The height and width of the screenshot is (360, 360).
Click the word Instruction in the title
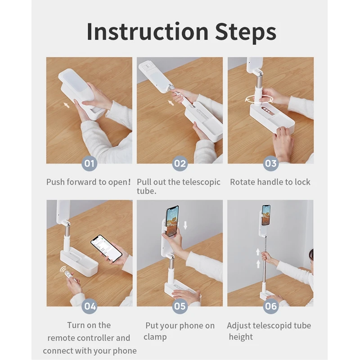click(148, 31)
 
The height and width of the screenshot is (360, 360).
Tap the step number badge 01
click(89, 163)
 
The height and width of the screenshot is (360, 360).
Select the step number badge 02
click(180, 163)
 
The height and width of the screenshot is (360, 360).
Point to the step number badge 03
click(271, 163)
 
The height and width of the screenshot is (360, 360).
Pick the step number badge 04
click(90, 306)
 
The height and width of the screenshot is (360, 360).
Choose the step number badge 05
click(180, 306)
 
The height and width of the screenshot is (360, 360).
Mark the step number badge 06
click(271, 306)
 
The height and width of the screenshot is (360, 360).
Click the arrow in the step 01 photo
click(67, 105)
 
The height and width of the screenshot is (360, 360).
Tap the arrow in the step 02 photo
click(171, 103)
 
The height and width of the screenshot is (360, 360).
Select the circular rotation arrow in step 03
click(259, 99)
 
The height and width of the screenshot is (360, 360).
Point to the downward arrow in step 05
click(185, 225)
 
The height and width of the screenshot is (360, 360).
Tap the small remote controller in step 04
click(68, 275)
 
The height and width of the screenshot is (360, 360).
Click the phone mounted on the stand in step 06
click(266, 215)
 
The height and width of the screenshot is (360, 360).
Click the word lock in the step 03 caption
click(302, 182)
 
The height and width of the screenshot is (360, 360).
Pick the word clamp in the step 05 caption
click(155, 337)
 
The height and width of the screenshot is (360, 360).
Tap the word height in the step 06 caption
click(241, 337)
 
